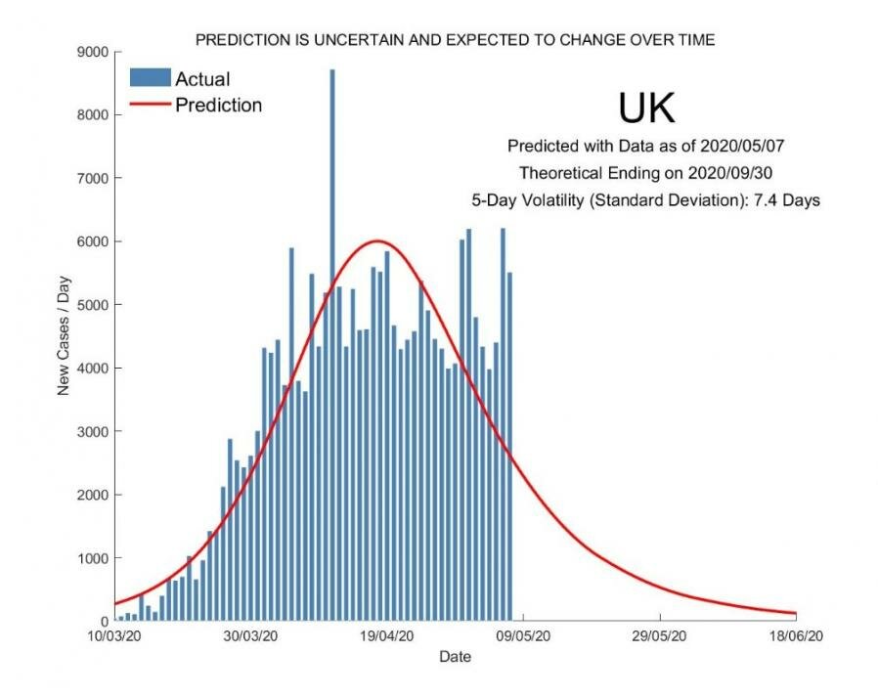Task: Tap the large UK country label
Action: pos(646,109)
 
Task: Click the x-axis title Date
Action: pos(455,656)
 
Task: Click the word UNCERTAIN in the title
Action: pos(332,40)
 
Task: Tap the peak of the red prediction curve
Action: pos(378,240)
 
